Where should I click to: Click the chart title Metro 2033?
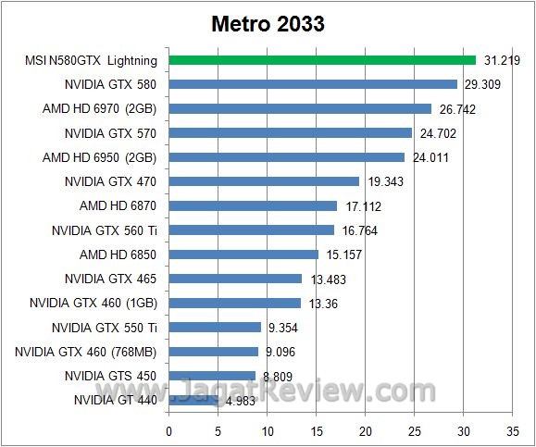(267, 24)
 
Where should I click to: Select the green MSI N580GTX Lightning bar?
(321, 60)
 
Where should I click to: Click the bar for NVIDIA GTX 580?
(313, 84)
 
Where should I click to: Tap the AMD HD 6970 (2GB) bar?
(300, 108)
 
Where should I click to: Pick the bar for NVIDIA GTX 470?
(264, 181)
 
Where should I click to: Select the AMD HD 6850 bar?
(243, 254)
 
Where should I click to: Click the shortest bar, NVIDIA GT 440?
(193, 400)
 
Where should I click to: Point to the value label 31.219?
(500, 61)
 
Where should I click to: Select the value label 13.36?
(322, 303)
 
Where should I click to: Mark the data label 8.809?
(275, 376)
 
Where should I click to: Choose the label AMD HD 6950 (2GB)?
(99, 157)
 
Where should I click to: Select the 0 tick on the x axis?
(168, 430)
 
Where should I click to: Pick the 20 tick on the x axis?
(366, 430)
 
